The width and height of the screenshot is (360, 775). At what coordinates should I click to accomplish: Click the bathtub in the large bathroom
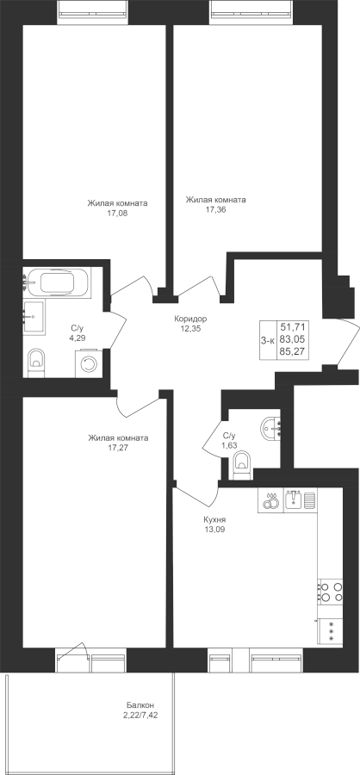click(56, 282)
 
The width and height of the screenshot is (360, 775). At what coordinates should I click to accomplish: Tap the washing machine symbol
click(88, 363)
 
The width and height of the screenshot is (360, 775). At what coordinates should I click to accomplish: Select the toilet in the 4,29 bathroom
click(36, 363)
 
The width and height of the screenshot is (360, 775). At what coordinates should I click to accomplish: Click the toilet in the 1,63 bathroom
click(242, 466)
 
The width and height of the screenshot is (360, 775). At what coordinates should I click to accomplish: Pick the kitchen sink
click(294, 500)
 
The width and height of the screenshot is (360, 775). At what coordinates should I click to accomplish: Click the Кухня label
click(214, 520)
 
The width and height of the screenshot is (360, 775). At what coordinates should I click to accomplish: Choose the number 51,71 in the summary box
click(293, 326)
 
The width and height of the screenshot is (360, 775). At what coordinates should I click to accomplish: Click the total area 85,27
click(293, 352)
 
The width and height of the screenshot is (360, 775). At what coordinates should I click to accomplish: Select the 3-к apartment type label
click(268, 339)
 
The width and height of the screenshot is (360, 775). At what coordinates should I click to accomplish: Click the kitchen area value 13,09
click(214, 530)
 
